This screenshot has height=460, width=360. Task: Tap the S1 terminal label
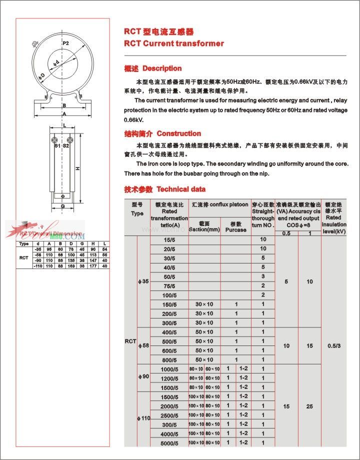(x=57, y=146)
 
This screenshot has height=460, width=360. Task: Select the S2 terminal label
(x=66, y=146)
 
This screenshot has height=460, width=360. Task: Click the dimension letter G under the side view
(x=62, y=205)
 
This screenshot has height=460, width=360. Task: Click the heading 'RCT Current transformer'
(x=173, y=43)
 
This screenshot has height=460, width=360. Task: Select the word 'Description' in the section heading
(x=162, y=68)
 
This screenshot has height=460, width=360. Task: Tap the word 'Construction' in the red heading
(x=178, y=133)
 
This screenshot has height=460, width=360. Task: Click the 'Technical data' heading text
(x=180, y=189)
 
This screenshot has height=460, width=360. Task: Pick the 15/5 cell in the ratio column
(x=169, y=239)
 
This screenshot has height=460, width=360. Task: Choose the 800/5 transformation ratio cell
(x=169, y=360)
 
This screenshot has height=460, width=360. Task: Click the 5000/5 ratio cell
(x=169, y=443)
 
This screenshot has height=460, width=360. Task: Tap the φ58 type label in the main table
(x=143, y=346)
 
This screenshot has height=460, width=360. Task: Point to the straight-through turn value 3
(x=263, y=276)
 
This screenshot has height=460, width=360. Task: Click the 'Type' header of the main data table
(x=137, y=209)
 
